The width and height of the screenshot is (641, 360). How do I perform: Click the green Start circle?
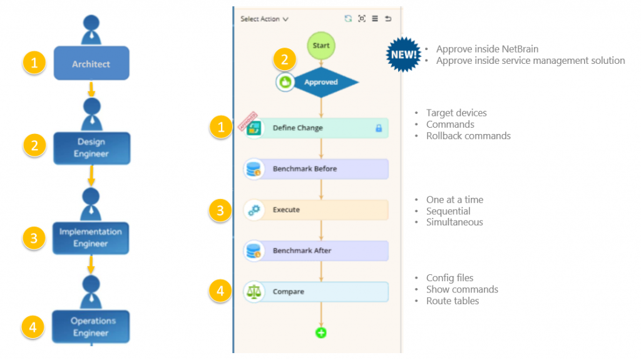pos(321,46)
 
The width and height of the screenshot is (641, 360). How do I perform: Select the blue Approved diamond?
pos(322,82)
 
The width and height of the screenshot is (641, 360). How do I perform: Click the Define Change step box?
pos(321,128)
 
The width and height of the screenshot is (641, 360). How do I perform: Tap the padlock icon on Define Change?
pos(378,128)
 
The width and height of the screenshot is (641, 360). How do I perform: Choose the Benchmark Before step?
pos(321,169)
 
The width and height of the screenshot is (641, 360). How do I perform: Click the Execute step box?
pos(321,210)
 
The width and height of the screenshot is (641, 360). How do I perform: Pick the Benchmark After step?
pos(321,250)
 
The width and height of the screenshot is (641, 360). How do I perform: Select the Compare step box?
pos(321,292)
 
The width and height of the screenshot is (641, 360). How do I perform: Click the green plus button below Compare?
pos(321,333)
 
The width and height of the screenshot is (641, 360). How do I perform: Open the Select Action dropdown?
pos(264,19)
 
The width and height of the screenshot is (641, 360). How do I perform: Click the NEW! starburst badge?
pos(403,54)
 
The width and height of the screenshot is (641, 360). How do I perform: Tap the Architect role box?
pos(91,63)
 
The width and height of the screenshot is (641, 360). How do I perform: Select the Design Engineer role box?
pos(92,148)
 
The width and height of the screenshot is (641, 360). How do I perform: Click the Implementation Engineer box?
pos(91,238)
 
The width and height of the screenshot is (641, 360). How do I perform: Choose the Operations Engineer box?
pos(91,327)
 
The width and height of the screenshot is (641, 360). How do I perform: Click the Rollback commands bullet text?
pos(468,136)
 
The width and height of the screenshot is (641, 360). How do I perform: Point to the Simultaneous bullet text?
pos(454,222)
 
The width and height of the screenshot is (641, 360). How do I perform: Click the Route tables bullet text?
pos(453,301)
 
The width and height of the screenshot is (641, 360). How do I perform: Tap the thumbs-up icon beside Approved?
pos(286,82)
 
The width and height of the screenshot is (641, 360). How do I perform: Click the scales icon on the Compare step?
pos(254,292)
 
